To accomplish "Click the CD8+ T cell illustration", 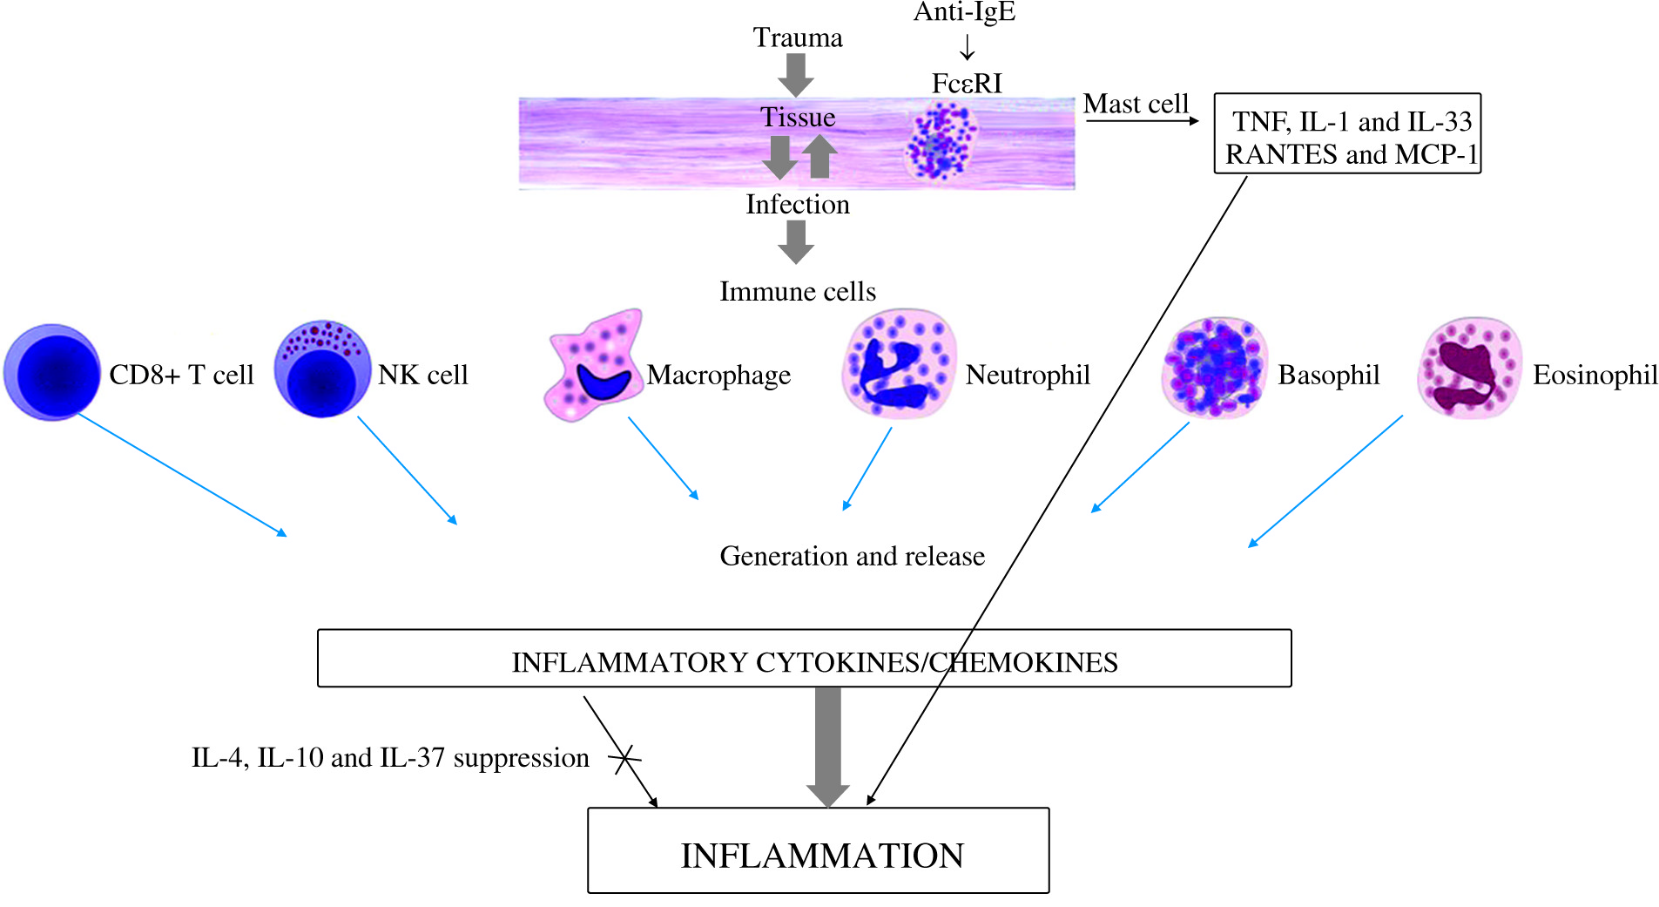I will coord(52,372).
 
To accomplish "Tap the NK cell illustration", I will coord(322,369).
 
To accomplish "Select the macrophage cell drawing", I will coord(595,366).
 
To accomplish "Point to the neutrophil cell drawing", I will coord(900,363).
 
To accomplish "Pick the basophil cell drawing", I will coord(1214,368).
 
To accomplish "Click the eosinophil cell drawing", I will coord(1470,368).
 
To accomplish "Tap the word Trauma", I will coord(798,37).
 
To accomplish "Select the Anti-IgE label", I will coord(965,12).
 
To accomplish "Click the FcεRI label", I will coord(967,84).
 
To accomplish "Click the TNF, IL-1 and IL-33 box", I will coord(1347,134).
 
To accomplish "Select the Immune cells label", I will coord(798,291).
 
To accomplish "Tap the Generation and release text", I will coord(852,556).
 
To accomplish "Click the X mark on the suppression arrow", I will coord(624,759).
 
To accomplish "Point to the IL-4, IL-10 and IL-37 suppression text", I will coord(390,758).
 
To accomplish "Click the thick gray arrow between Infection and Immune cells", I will coord(796,241).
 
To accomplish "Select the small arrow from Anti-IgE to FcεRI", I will coord(967,47).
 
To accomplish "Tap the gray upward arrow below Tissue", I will coord(819,157).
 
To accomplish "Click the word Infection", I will coord(798,204).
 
